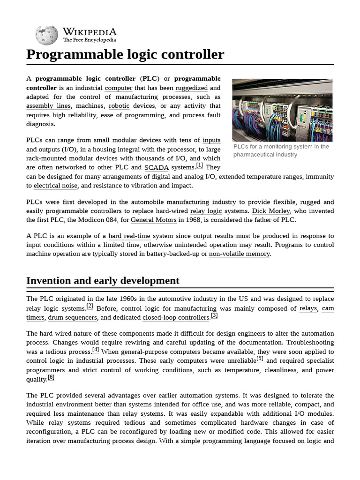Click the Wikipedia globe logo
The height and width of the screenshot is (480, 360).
click(47, 35)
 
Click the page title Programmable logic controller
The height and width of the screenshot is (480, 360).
click(125, 54)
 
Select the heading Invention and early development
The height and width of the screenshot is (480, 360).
click(103, 280)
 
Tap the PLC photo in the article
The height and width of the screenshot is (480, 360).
click(282, 110)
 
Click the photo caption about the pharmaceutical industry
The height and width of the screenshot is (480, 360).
click(281, 150)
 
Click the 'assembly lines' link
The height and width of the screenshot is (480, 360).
click(48, 106)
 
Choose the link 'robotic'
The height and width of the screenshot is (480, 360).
click(119, 106)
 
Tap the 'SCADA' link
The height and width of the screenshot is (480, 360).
click(157, 167)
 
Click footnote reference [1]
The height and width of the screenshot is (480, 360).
click(199, 165)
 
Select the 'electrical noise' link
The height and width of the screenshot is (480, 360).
click(55, 186)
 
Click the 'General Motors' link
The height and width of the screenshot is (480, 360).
click(153, 220)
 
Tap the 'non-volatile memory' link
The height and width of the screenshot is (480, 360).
click(239, 254)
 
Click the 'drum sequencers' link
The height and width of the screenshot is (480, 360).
click(72, 317)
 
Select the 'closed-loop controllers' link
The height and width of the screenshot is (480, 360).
click(176, 317)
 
